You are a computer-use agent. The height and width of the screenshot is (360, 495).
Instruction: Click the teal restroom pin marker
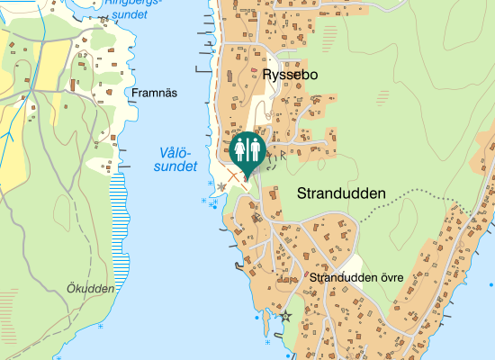[x=247, y=150]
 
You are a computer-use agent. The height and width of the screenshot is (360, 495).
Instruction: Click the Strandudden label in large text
[x=340, y=193]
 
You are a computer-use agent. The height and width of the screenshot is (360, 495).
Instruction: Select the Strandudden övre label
[x=355, y=277]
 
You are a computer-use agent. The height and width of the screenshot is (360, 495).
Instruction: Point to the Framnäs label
[x=154, y=93]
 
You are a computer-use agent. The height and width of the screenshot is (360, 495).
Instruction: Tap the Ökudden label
[x=91, y=289]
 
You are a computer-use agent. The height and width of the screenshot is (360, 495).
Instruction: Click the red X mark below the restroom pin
[x=237, y=177]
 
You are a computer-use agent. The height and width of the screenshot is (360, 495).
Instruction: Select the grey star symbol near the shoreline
[x=222, y=187]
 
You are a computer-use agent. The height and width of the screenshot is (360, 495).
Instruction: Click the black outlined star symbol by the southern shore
[x=286, y=317]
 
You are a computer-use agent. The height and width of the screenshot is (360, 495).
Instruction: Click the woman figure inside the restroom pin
[x=239, y=148]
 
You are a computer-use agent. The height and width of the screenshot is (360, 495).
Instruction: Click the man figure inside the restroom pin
[x=255, y=148]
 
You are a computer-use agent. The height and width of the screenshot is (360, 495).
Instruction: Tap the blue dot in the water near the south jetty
[x=256, y=318]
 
